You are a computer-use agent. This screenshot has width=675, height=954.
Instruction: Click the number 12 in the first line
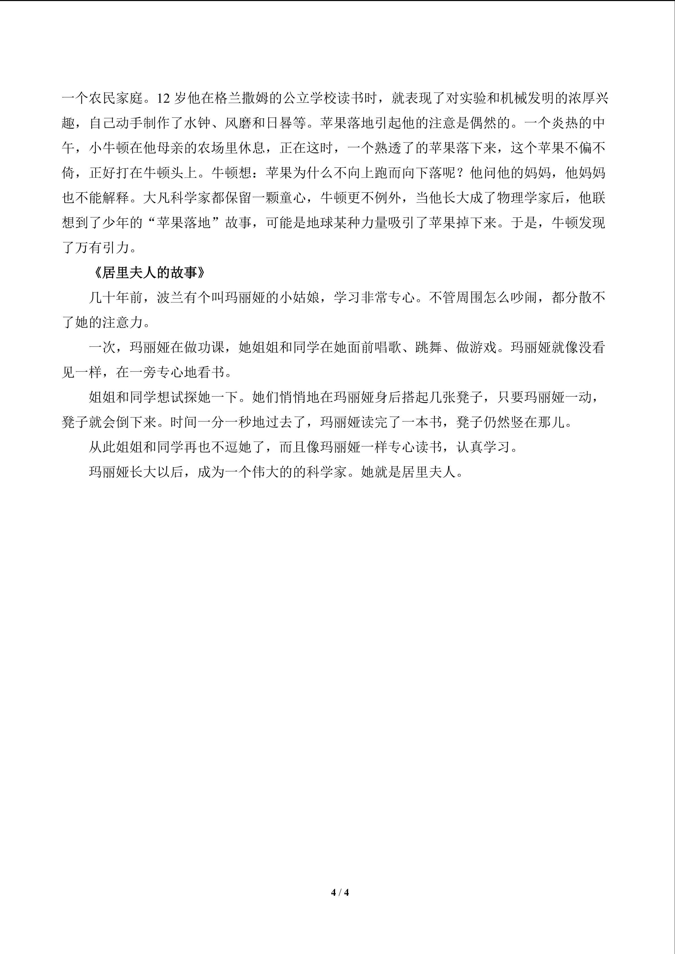pos(164,99)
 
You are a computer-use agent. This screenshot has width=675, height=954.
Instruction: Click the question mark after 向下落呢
pos(463,173)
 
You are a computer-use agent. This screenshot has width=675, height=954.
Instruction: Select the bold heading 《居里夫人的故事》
pos(149,273)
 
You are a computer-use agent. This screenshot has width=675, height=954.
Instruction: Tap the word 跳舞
pos(429,348)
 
